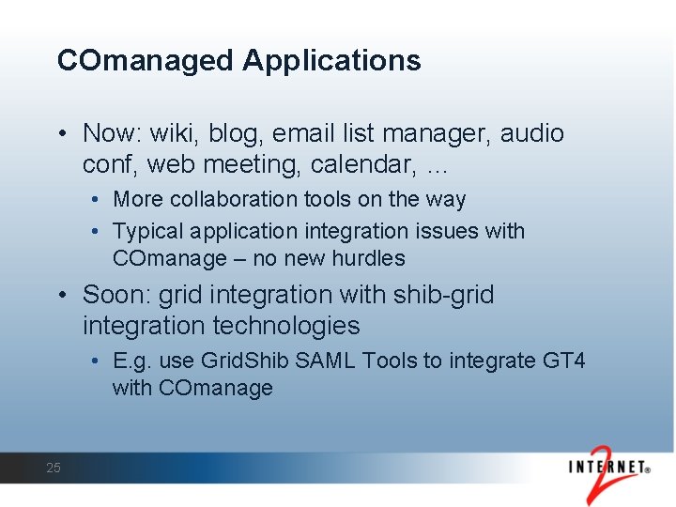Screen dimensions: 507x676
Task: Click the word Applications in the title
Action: coord(331,61)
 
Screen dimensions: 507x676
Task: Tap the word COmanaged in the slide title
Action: coord(146,61)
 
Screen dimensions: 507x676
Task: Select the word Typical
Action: coord(146,231)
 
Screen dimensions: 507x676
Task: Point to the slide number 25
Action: coord(54,468)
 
